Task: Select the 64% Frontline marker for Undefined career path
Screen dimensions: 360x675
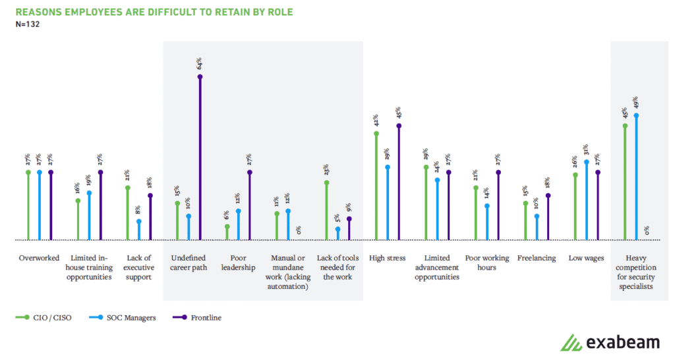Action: pos(200,76)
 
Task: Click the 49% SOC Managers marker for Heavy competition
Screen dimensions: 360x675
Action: pos(636,115)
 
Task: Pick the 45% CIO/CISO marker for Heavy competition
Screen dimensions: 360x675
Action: pos(625,125)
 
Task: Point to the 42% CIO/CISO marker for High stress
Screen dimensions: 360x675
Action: pos(376,133)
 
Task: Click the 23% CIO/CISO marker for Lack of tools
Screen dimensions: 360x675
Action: pos(326,183)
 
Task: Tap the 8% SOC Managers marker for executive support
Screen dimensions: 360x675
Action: pos(139,222)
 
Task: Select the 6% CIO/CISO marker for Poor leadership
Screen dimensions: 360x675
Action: pos(227,227)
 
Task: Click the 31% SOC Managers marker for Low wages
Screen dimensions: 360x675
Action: pos(586,161)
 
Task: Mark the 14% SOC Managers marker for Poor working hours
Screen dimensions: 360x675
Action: pos(486,206)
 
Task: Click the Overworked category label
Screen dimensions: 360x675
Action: pos(39,258)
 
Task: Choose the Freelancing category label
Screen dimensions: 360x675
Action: pos(537,258)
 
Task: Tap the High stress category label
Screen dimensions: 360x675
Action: pos(387,258)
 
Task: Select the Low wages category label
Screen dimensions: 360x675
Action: pos(586,258)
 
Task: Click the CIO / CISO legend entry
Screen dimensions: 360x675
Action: pos(50,318)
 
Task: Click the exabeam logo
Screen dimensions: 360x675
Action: pos(610,342)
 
